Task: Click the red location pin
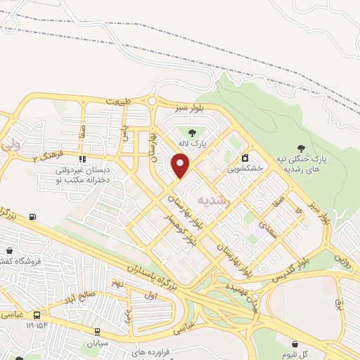181,166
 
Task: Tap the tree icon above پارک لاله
191,131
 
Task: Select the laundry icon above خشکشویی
245,157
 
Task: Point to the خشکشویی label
245,169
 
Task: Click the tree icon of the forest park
301,148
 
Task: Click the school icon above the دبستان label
83,159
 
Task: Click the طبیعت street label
119,102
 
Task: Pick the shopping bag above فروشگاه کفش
9,250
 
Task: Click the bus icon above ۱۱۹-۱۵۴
37,315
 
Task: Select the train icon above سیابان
97,332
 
